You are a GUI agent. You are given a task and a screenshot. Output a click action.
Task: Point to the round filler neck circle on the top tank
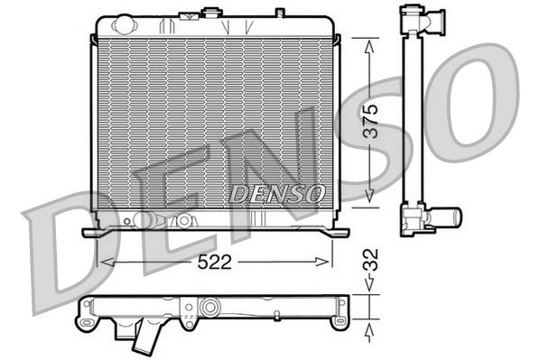tap(214, 13)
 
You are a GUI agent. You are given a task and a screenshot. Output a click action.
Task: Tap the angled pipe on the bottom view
tap(143, 342)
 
